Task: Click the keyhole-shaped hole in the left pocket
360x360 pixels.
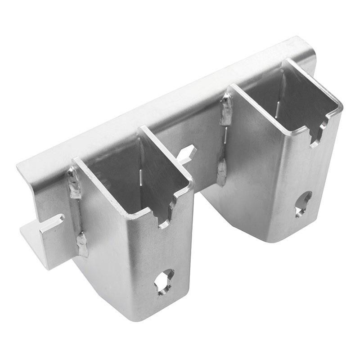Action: point(164,282)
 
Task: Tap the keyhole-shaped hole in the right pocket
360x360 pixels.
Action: point(303,203)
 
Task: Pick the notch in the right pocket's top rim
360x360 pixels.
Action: point(316,133)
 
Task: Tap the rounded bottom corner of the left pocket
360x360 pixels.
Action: point(130,315)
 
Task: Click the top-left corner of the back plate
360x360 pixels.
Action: point(19,168)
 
